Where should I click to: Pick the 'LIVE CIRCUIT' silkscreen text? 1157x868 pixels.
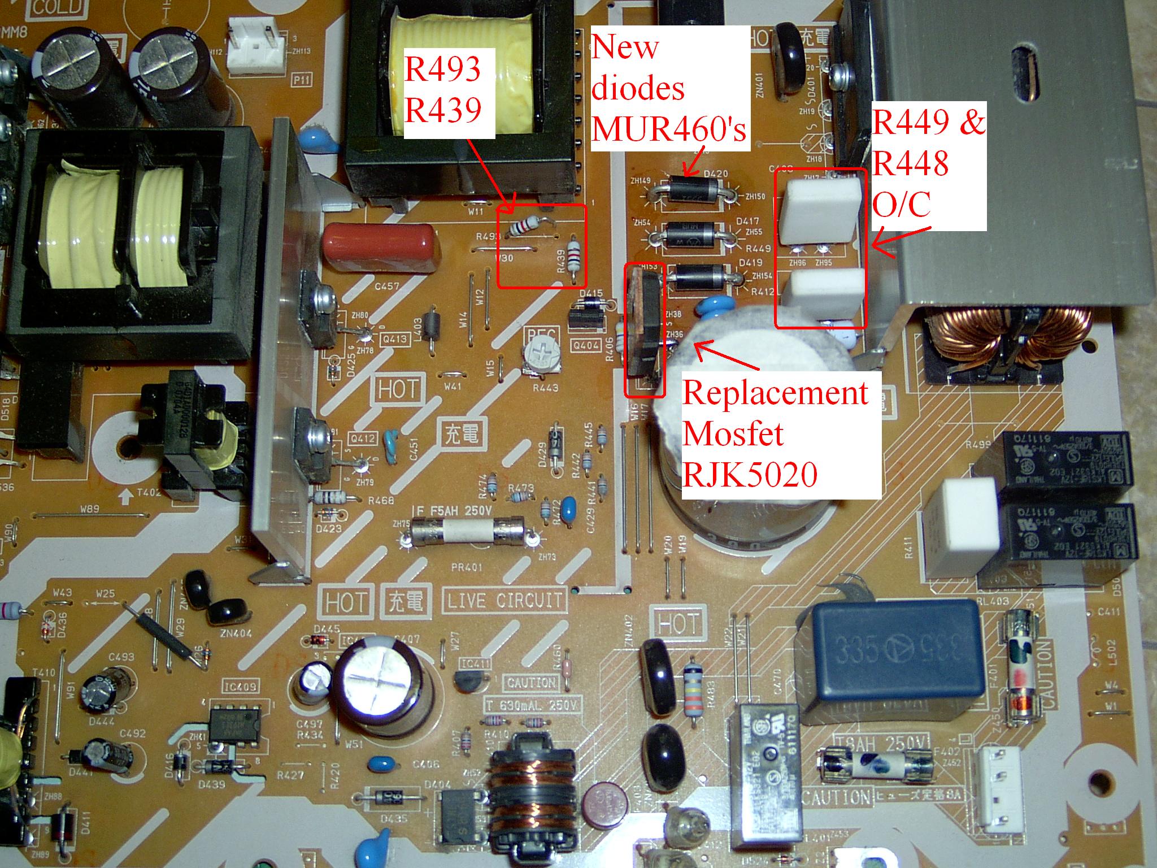click(x=505, y=600)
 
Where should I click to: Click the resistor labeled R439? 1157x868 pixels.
click(x=575, y=259)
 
